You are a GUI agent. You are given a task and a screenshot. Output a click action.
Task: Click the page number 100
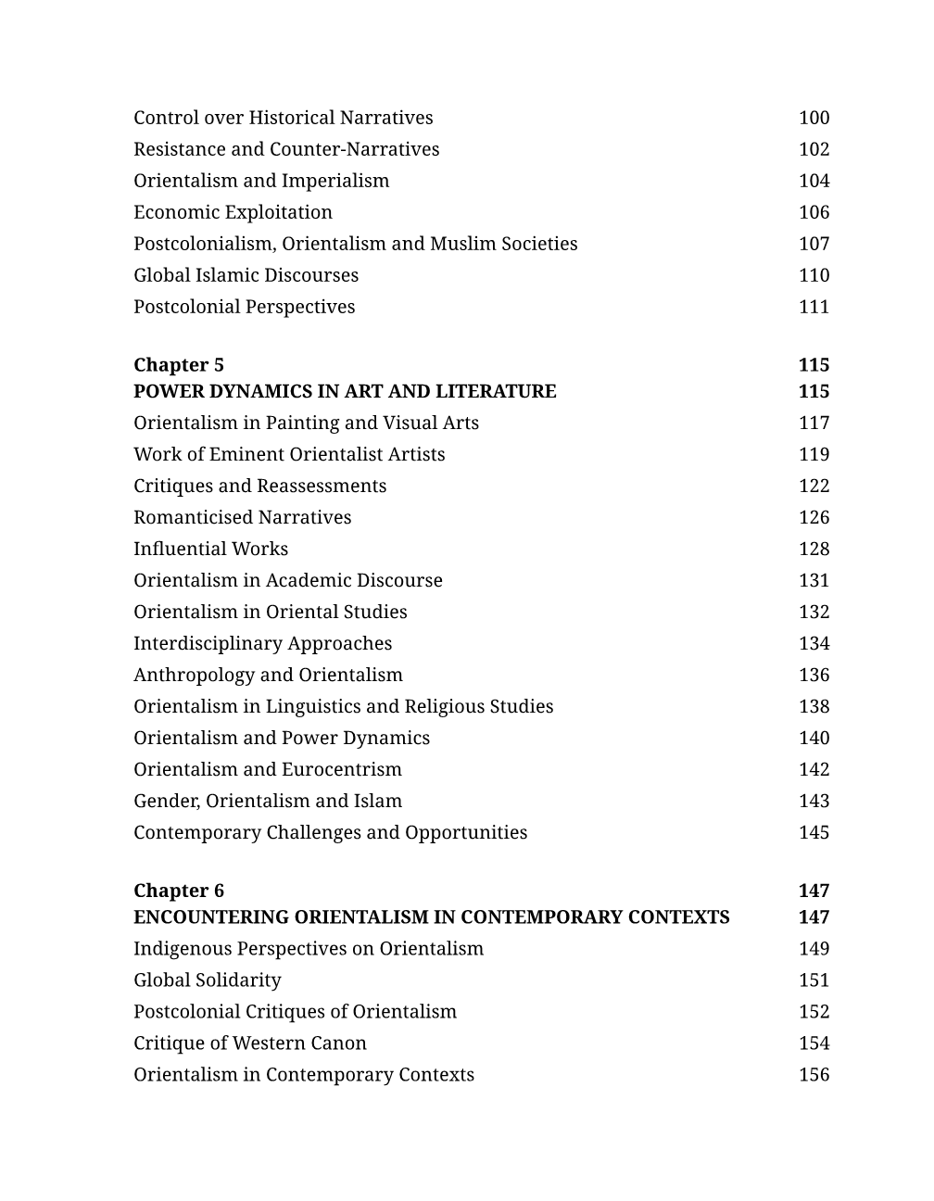(x=814, y=118)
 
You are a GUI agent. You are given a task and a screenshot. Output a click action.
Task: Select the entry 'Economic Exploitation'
(x=233, y=212)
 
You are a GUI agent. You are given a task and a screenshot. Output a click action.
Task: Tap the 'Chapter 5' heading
(x=179, y=365)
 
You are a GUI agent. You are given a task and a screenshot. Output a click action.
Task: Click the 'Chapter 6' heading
(x=179, y=891)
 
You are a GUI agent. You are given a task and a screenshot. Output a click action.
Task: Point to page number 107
(x=814, y=244)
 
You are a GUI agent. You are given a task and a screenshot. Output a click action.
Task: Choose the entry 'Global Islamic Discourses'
(x=246, y=275)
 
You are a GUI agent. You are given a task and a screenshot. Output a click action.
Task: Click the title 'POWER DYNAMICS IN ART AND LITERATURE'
(x=345, y=391)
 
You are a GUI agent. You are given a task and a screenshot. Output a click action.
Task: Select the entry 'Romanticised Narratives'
(x=242, y=517)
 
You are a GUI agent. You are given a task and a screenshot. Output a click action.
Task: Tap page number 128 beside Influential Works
(x=814, y=549)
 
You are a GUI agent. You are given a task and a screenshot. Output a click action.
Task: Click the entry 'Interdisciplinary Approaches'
(x=262, y=643)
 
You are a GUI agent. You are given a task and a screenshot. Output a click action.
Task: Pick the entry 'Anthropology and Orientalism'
(x=268, y=675)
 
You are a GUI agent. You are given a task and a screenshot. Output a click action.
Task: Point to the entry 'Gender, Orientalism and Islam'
(x=268, y=801)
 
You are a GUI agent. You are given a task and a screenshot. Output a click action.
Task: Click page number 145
(x=814, y=832)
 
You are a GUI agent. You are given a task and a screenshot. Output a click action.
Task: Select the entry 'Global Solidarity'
(x=207, y=980)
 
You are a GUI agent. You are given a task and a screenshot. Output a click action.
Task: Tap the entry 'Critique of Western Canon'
(x=250, y=1043)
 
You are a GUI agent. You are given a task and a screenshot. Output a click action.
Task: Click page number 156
(x=814, y=1074)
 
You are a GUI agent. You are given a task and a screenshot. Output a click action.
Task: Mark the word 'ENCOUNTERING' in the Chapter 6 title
(x=210, y=917)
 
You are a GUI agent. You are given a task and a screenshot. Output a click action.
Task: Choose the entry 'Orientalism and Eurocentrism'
(x=268, y=769)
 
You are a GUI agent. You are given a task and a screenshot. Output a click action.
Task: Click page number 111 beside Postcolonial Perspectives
(x=814, y=307)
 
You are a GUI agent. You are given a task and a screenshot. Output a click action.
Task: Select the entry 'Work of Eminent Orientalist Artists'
(x=289, y=454)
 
